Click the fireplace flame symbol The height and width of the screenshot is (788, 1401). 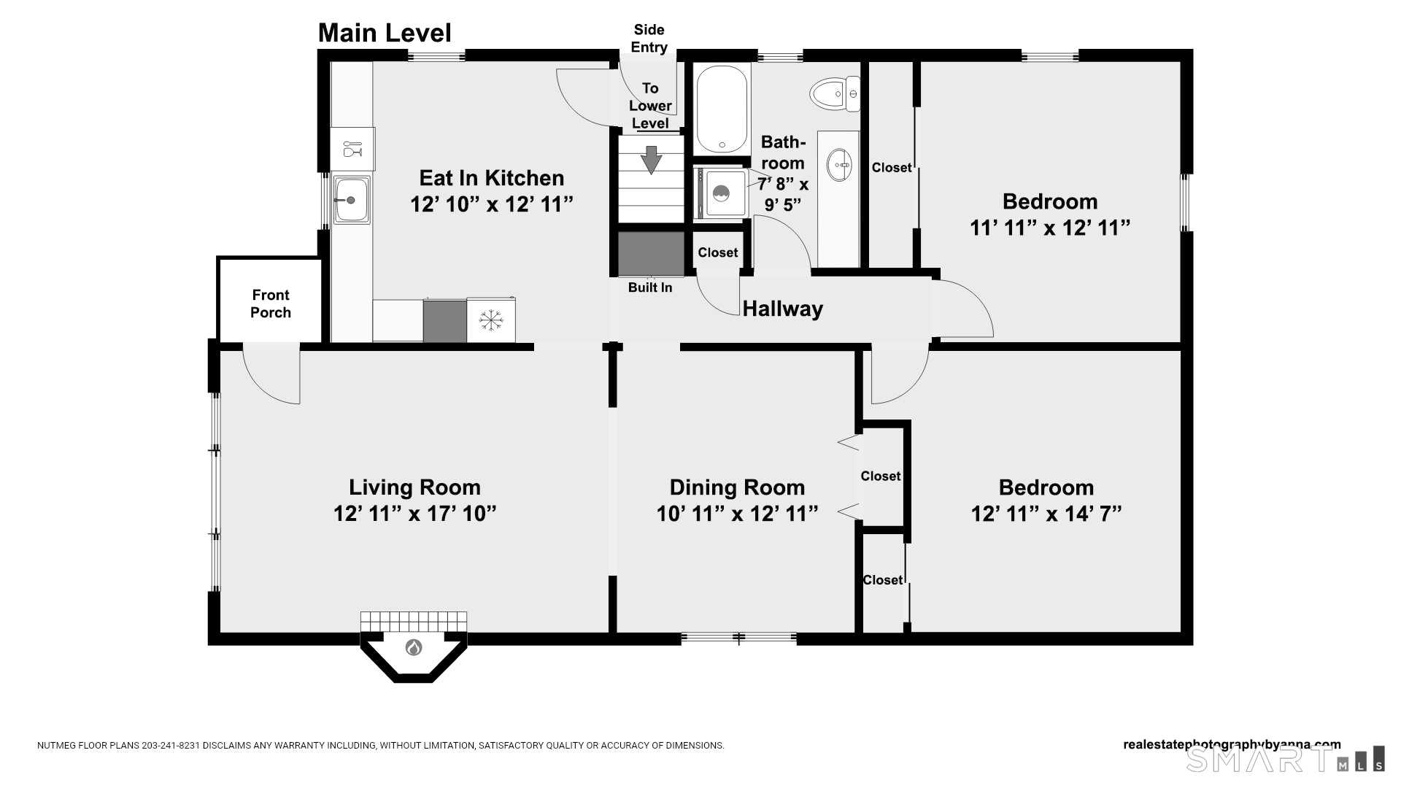pos(414,647)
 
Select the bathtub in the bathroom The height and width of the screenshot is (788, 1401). pos(722,109)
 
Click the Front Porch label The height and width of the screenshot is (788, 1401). pos(271,304)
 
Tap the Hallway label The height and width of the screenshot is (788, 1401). pos(783,309)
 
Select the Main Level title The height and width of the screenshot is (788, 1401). pos(385,33)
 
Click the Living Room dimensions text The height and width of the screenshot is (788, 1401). pos(414,513)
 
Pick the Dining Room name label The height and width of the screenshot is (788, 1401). pos(737,487)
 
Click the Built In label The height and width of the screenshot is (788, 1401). pos(650,287)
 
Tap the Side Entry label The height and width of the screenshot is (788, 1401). pos(649,39)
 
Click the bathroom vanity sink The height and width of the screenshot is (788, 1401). pos(839,165)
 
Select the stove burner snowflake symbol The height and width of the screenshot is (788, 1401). pos(491,320)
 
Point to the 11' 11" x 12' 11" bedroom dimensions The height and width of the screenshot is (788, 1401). pos(1050,228)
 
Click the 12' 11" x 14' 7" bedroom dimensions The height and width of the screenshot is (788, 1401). pos(1046,513)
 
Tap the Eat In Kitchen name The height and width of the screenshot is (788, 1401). pos(492,178)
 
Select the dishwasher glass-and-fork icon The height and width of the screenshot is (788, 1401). pos(352,149)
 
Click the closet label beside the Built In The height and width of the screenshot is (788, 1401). pos(718,252)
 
